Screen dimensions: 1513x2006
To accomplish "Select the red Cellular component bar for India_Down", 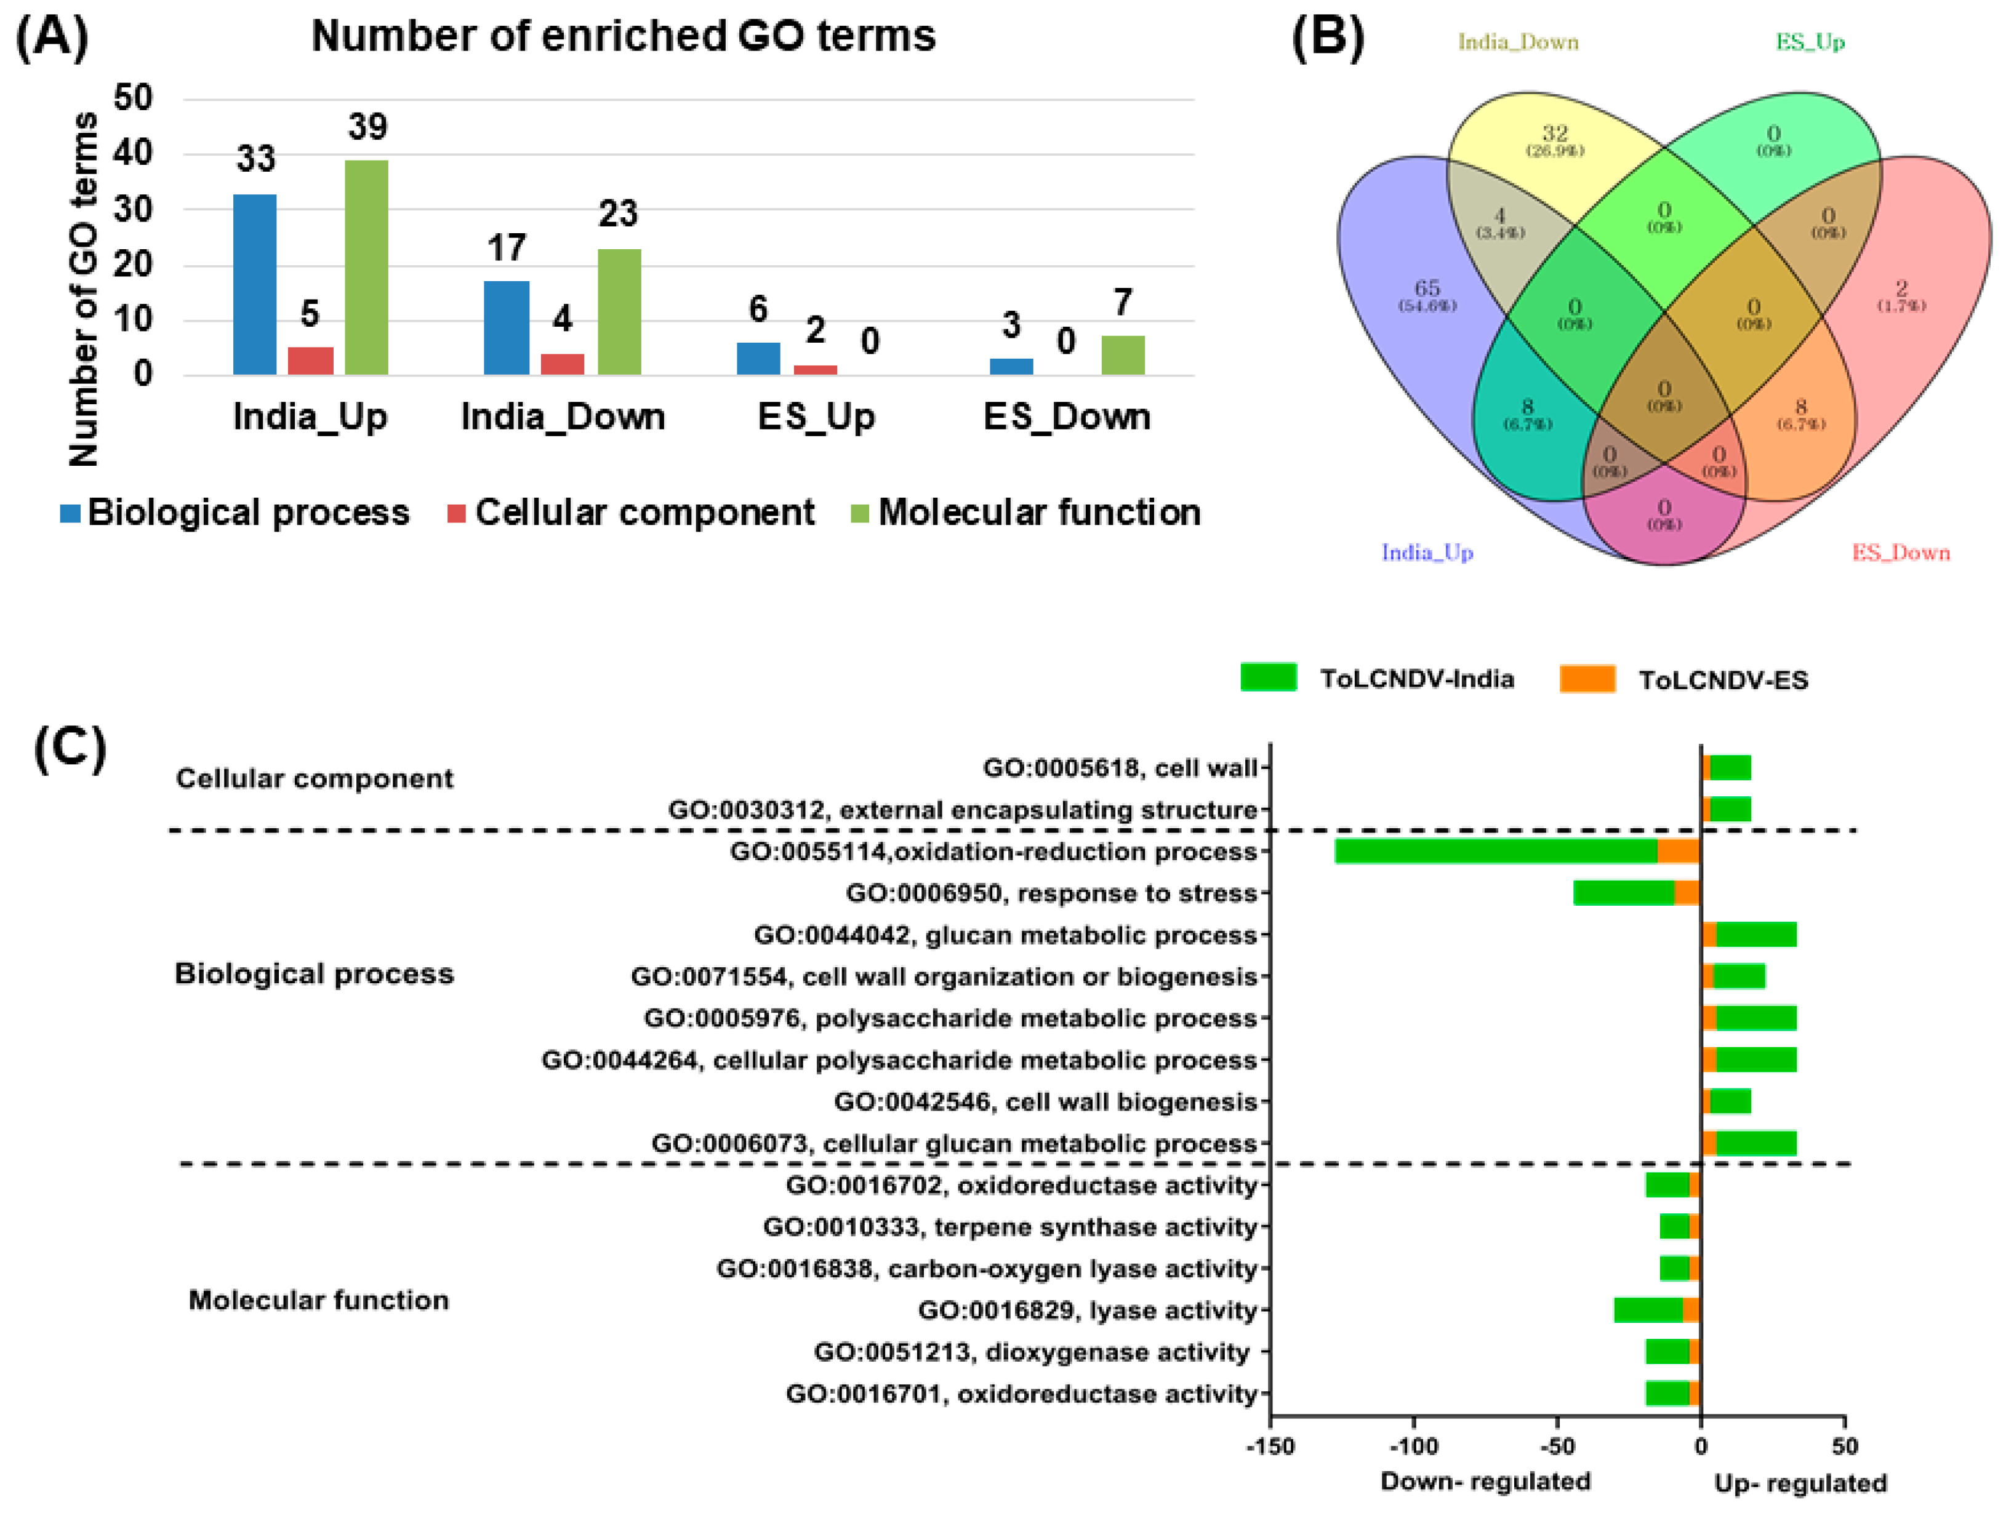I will [562, 364].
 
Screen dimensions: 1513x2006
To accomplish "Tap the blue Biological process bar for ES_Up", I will [758, 358].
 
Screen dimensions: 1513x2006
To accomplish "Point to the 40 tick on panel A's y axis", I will [134, 153].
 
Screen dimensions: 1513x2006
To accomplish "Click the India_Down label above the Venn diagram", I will [1517, 42].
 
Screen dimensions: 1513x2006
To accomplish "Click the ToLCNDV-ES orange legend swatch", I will [1587, 679].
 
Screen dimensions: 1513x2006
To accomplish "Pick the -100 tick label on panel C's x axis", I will [1413, 1446].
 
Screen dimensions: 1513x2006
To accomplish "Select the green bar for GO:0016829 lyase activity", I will [1648, 1310].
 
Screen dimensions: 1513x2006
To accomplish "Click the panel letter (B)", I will [1326, 38].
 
